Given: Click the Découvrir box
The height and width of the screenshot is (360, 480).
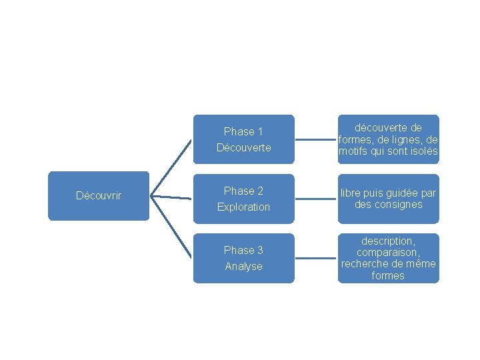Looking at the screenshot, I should coord(99,196).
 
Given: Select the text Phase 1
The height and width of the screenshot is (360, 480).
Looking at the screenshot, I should coord(243,132).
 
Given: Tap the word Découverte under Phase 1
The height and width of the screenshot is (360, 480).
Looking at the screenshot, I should coord(243,147).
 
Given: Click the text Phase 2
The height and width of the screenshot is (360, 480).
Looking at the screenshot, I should coord(243,191).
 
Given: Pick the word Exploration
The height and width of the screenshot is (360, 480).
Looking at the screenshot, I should coord(243,207).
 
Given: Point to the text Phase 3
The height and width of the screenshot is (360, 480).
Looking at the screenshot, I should coord(243,250).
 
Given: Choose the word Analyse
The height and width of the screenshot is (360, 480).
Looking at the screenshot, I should coord(243,266).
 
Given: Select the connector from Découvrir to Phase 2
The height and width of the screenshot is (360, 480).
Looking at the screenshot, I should coord(171,197).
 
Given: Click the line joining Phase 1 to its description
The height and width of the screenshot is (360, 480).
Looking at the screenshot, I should coord(316,140).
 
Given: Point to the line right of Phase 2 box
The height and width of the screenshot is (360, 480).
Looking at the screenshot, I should coord(316,199).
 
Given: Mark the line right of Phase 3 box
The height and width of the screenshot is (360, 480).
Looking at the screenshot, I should coord(316,258).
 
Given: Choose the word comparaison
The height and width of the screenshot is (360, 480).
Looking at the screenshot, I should coord(388,252).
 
